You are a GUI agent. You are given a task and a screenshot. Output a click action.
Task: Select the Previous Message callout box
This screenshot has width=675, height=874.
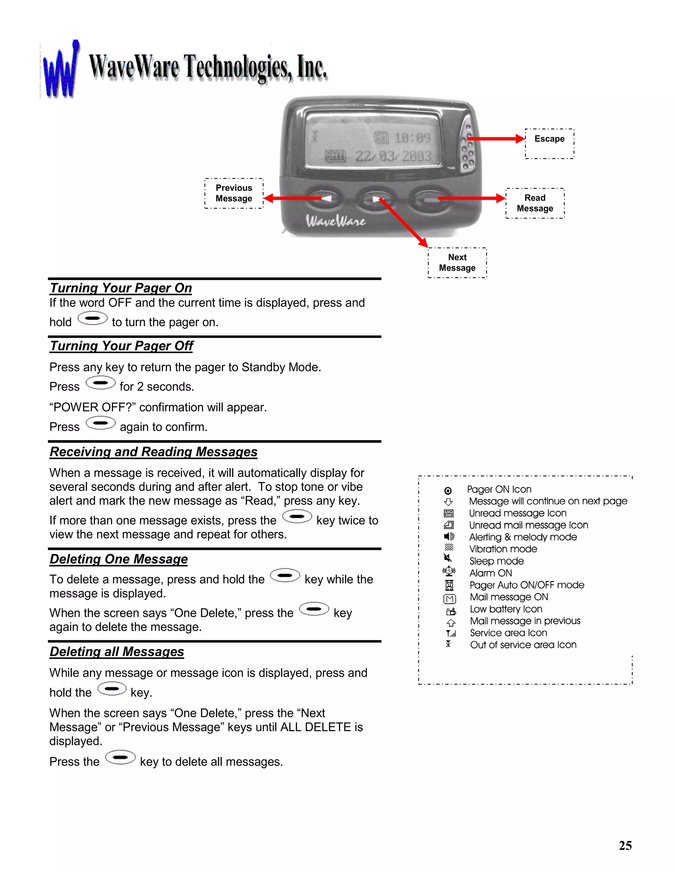(234, 193)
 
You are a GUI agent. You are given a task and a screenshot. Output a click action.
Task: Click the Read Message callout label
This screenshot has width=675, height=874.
(535, 203)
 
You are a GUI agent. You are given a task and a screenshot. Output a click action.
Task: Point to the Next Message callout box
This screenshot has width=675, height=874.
(457, 263)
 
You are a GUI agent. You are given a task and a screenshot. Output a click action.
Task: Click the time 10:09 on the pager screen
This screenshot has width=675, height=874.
(412, 138)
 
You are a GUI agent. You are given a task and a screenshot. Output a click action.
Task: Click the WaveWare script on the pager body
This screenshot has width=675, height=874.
(336, 221)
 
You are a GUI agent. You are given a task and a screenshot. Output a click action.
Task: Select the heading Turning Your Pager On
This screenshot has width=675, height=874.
(121, 288)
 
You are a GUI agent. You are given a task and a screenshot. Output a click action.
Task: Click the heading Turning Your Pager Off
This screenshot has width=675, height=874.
(122, 346)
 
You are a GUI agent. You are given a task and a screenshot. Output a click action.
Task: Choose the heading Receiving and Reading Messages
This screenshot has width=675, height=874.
(154, 452)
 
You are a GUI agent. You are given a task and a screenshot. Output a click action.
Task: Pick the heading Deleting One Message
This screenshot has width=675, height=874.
(119, 559)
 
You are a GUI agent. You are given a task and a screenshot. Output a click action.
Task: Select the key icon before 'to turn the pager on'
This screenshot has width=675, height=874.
(92, 319)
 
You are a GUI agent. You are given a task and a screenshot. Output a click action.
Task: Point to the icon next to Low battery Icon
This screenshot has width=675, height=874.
(451, 611)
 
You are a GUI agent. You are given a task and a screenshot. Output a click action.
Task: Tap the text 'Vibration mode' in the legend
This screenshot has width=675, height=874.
(503, 549)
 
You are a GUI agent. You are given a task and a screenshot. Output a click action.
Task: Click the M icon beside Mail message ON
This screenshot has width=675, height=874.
(450, 599)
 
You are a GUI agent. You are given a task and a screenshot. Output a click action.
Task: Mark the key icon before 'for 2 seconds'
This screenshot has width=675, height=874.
(101, 383)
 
